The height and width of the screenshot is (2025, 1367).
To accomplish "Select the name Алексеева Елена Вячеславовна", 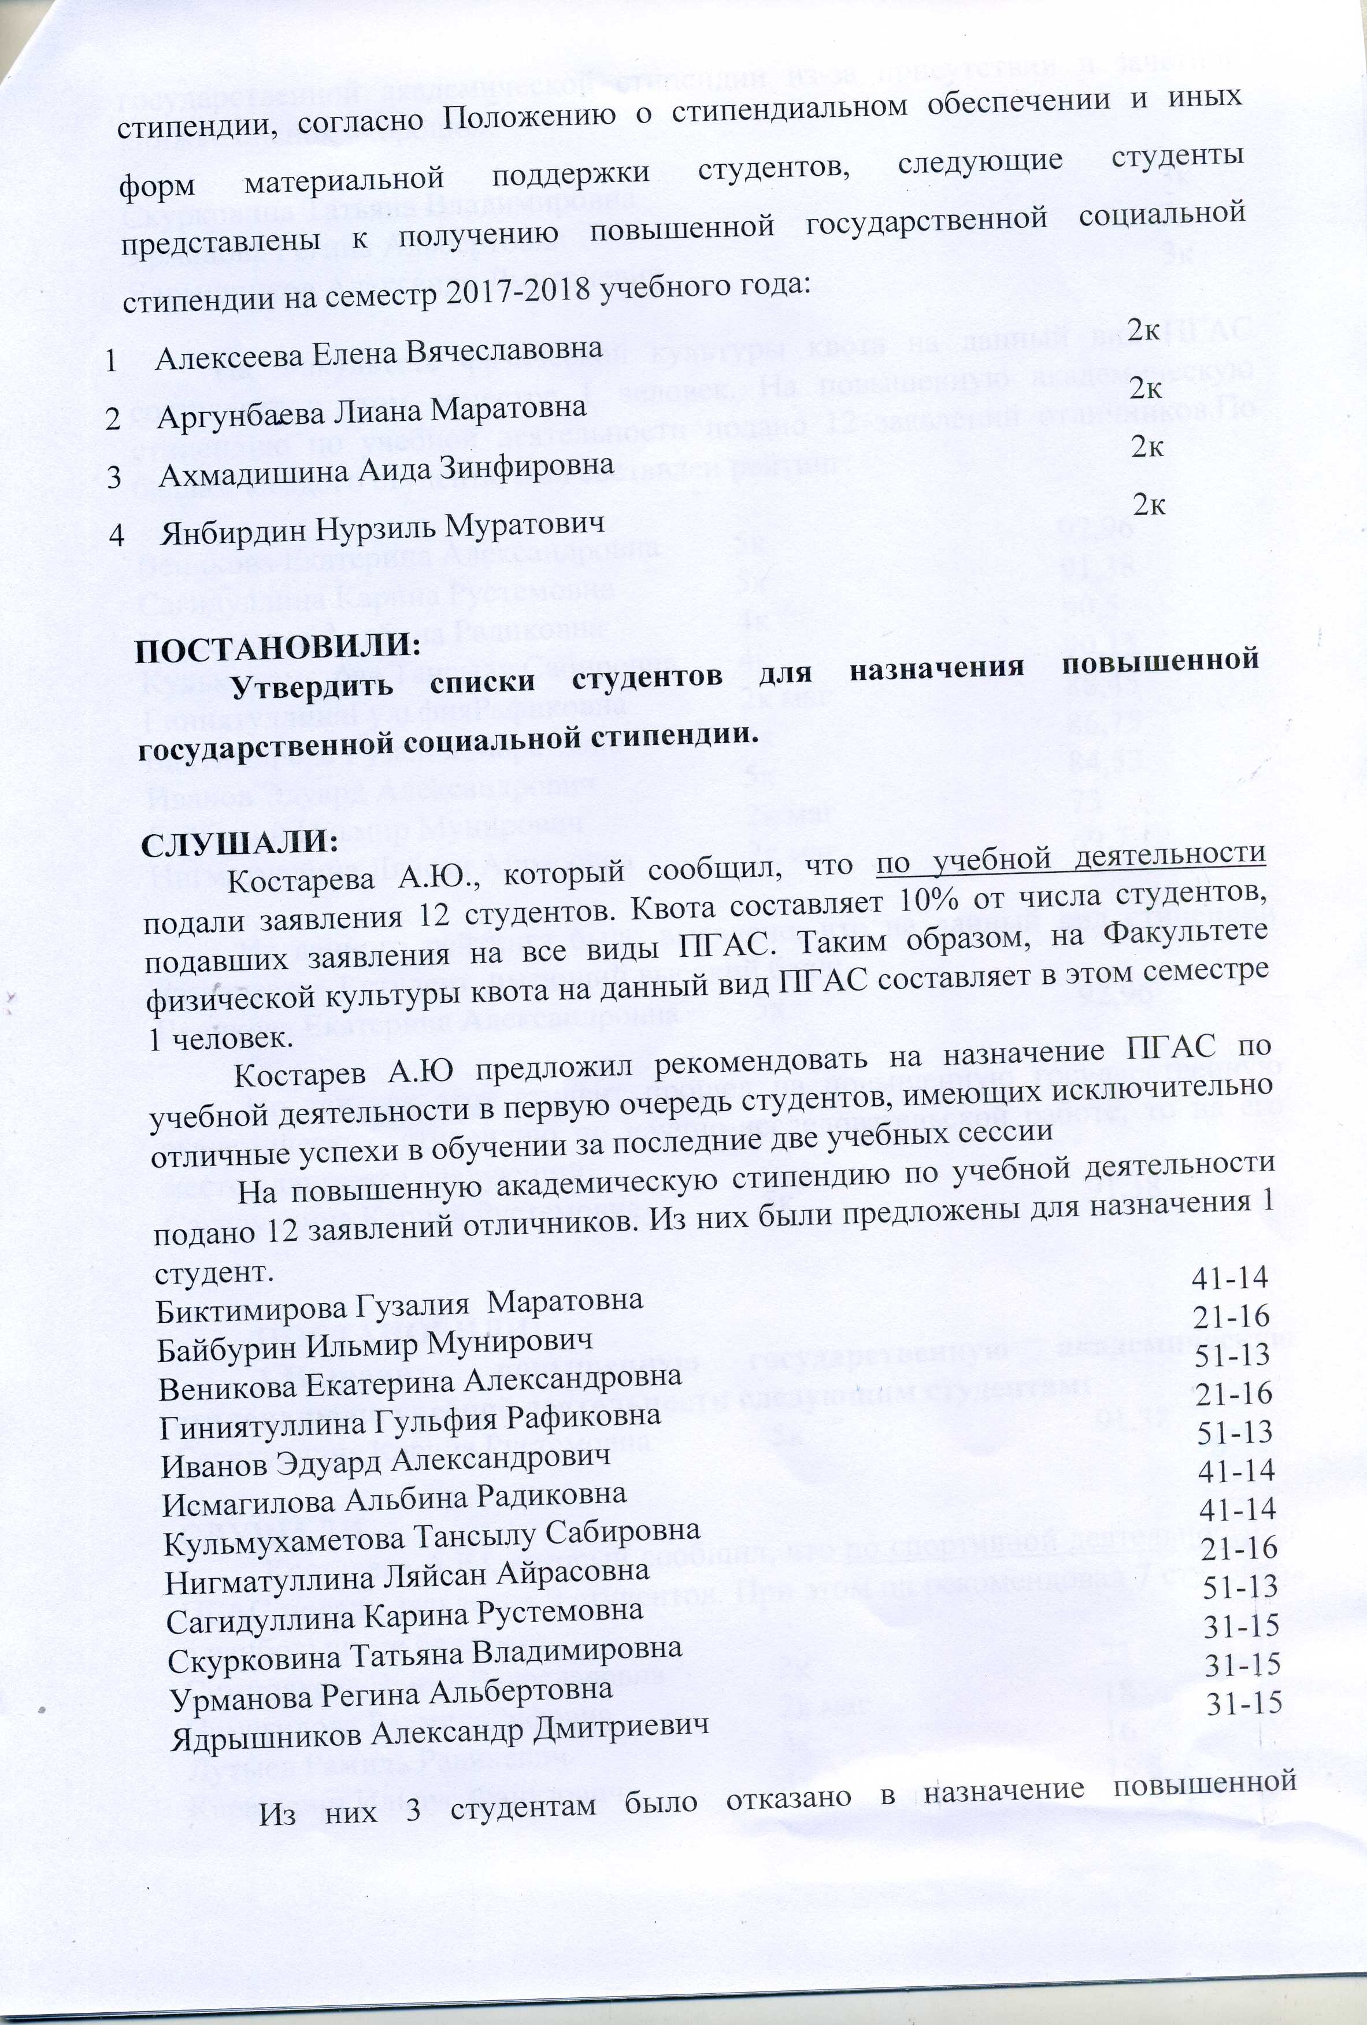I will click(379, 353).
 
